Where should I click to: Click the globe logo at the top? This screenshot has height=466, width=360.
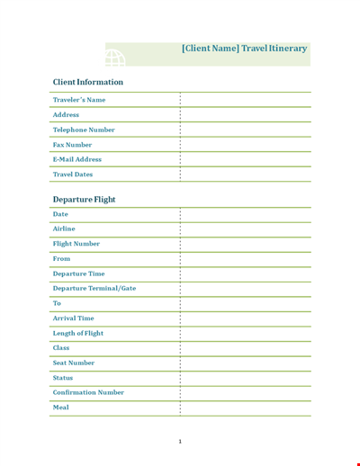click(x=115, y=57)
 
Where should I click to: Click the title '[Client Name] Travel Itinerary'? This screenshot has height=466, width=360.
click(x=244, y=49)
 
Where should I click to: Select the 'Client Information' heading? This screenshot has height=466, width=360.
click(x=88, y=82)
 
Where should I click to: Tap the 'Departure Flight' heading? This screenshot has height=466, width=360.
click(x=85, y=199)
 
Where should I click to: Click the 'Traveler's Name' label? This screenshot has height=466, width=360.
click(x=79, y=100)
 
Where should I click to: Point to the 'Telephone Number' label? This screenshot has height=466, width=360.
click(x=84, y=130)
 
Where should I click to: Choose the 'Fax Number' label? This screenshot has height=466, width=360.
click(x=73, y=144)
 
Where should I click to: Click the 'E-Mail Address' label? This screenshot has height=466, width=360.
click(x=77, y=159)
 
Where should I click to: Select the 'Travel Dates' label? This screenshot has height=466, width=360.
click(x=73, y=175)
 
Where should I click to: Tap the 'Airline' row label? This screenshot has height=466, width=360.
click(x=65, y=229)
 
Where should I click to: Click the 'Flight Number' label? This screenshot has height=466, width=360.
click(x=76, y=244)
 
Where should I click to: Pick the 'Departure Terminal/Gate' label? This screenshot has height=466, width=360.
click(x=94, y=288)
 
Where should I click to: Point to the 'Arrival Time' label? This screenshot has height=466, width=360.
click(x=74, y=318)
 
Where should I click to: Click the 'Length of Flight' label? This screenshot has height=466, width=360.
click(x=78, y=333)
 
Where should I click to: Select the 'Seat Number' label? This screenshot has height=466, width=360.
click(x=74, y=363)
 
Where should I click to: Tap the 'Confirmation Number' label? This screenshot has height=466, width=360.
click(x=88, y=392)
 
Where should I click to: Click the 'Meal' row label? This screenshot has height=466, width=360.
click(x=61, y=408)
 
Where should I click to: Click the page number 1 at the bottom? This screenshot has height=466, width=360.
click(x=180, y=441)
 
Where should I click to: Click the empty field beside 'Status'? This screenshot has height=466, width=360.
click(x=245, y=378)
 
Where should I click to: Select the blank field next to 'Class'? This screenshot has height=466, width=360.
click(x=245, y=348)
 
